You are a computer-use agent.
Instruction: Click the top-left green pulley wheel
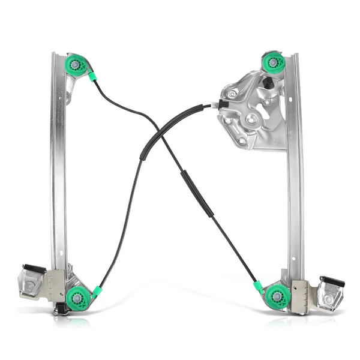(77, 64)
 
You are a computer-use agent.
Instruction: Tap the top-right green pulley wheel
(273, 62)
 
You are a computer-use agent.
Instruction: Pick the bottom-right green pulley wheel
(277, 296)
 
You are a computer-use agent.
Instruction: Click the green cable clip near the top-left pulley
(92, 76)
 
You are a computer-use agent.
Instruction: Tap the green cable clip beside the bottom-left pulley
(97, 291)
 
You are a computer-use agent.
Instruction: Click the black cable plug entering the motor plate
(222, 106)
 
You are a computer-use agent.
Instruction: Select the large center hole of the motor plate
(251, 120)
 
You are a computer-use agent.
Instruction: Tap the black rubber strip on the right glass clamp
(332, 281)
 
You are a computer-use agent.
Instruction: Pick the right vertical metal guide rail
(294, 174)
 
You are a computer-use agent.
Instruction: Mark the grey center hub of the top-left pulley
(75, 64)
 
